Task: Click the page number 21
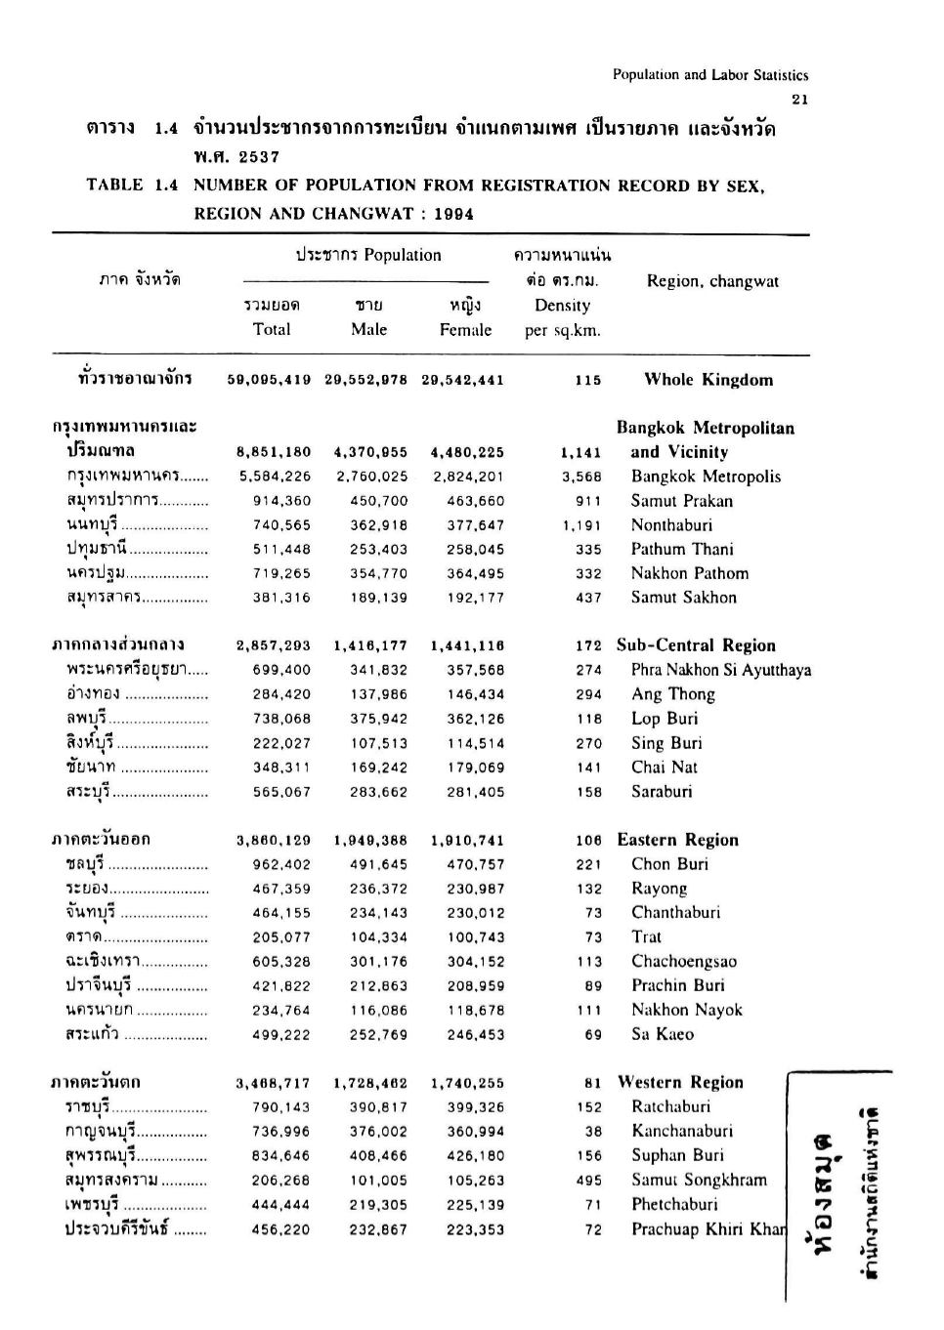click(x=800, y=99)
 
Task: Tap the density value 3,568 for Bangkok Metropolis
click(x=581, y=478)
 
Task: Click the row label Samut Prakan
click(x=681, y=501)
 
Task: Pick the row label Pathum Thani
click(x=682, y=550)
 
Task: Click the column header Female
click(x=465, y=330)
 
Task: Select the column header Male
click(x=369, y=330)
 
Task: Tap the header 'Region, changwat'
click(x=712, y=281)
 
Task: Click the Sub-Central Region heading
click(x=696, y=645)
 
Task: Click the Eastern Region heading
click(x=677, y=840)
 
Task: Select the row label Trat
click(x=646, y=937)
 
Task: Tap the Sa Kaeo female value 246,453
click(x=476, y=1035)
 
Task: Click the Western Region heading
click(x=680, y=1082)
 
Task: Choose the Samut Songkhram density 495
click(x=588, y=1181)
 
